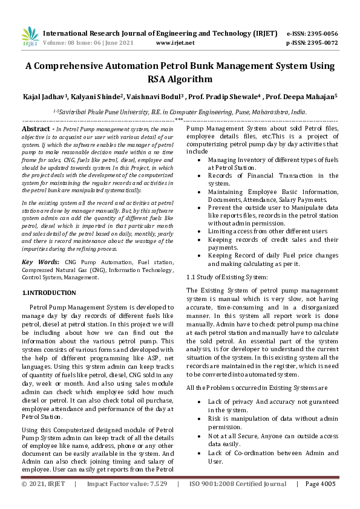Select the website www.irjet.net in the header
pyautogui.click(x=175, y=43)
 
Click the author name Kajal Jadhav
pyautogui.click(x=46, y=97)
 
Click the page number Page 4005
pyautogui.click(x=320, y=501)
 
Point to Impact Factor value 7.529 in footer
pyautogui.click(x=127, y=501)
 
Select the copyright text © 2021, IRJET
pyautogui.click(x=42, y=501)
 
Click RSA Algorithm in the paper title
pyautogui.click(x=180, y=79)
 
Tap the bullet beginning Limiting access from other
pyautogui.click(x=268, y=231)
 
